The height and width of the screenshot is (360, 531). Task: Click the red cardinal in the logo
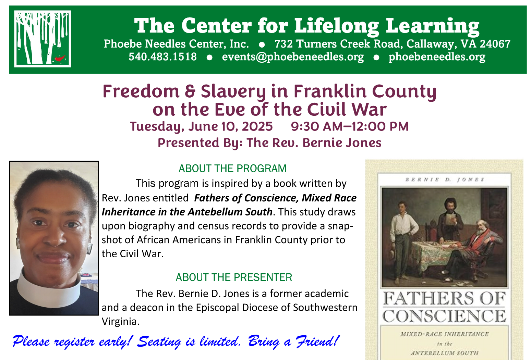[x=60, y=58]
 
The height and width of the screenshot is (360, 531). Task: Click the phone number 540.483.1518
[x=162, y=57]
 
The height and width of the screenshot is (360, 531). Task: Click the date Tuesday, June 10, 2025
[x=201, y=126]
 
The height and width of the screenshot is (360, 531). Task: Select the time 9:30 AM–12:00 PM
[x=350, y=126]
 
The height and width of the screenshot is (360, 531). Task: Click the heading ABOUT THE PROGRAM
[x=232, y=169]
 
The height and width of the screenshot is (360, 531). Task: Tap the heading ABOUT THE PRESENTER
[x=234, y=277]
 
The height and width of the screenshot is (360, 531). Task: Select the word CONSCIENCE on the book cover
[x=444, y=316]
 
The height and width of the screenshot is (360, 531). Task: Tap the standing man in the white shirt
[x=404, y=241]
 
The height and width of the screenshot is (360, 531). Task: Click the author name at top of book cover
[x=445, y=180]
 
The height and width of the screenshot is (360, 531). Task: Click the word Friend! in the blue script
[x=318, y=341]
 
